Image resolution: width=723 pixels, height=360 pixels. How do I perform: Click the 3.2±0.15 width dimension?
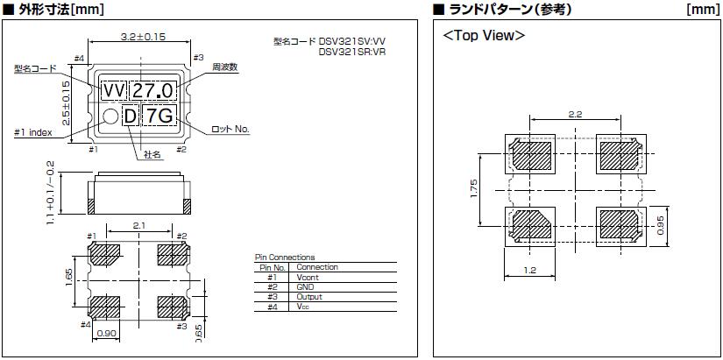(x=143, y=37)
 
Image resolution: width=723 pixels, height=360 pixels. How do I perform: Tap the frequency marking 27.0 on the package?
(x=156, y=91)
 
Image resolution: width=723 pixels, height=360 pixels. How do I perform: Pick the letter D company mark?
(x=130, y=116)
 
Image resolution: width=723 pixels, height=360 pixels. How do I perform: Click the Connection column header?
(x=316, y=267)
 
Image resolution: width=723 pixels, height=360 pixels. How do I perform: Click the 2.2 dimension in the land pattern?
(x=575, y=114)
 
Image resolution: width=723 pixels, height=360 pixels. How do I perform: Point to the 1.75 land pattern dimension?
(x=474, y=189)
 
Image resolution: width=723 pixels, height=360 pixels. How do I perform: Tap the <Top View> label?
(x=484, y=36)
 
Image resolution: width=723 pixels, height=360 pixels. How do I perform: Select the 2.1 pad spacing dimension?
(x=138, y=227)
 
